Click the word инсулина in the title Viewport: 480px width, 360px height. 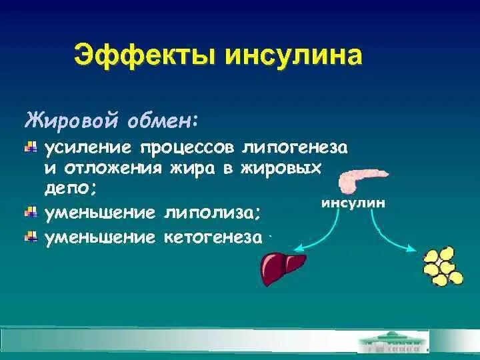(x=295, y=55)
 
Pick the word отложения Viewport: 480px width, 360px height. (x=113, y=168)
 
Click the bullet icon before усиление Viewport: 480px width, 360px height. (x=30, y=147)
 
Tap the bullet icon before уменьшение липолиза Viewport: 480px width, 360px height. (x=30, y=213)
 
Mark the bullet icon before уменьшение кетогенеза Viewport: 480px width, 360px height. (x=30, y=237)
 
